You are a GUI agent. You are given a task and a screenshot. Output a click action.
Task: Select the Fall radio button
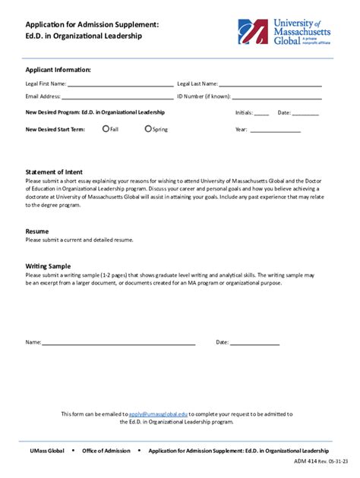click(106, 129)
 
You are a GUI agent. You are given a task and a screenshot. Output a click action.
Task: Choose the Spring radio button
click(148, 129)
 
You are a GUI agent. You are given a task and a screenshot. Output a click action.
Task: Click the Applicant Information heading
click(58, 70)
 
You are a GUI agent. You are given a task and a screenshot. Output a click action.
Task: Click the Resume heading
click(37, 231)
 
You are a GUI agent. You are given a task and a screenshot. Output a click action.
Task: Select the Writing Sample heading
click(49, 266)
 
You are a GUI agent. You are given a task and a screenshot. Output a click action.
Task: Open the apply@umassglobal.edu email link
click(158, 414)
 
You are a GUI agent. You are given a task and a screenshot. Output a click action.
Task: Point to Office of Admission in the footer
click(106, 451)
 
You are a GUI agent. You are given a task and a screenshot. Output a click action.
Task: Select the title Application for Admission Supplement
click(92, 24)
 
